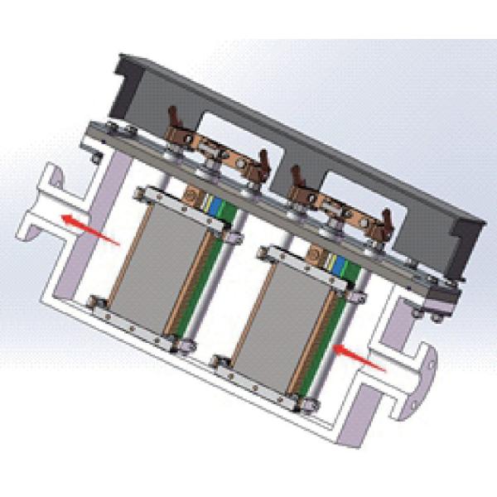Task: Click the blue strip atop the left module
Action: point(218,205)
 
